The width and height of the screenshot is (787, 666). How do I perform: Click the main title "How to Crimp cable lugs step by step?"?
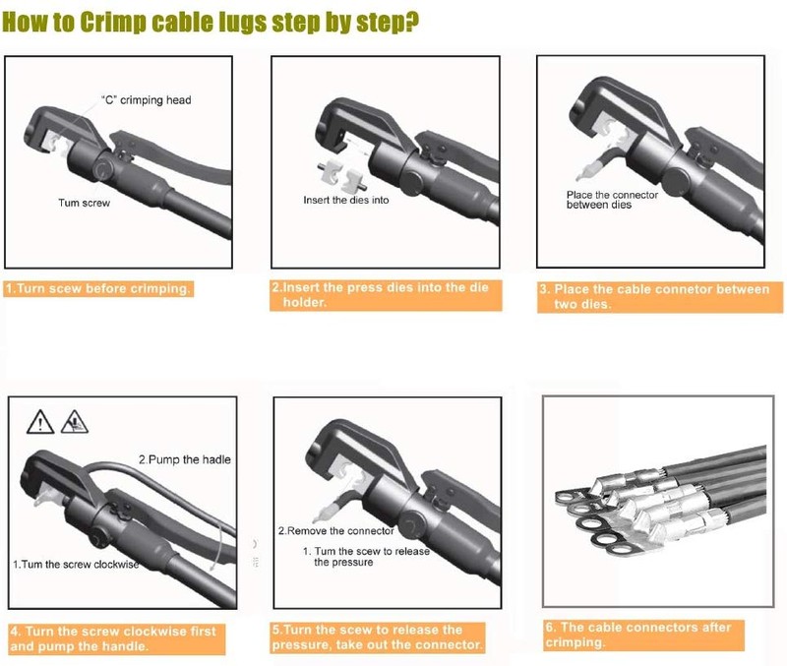pos(211,23)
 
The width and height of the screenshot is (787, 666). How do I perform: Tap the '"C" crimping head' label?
pos(146,100)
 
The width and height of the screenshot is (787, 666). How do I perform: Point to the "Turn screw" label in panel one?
pos(84,203)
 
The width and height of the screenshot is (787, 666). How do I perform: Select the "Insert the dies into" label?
pos(346,200)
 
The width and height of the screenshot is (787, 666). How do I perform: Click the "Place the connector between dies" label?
pos(612,200)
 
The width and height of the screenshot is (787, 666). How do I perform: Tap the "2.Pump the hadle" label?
pos(185,459)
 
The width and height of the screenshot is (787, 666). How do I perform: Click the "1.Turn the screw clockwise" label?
pos(76,564)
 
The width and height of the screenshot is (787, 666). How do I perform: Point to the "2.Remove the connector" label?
pos(336,530)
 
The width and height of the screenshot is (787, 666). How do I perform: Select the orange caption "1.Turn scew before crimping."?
pos(98,288)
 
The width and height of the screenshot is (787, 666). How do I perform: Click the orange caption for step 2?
pos(386,294)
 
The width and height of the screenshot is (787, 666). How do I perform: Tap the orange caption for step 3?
pos(660,297)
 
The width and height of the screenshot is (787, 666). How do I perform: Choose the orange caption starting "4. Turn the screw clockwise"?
pos(117,638)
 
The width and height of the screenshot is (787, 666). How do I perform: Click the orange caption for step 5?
pos(379,637)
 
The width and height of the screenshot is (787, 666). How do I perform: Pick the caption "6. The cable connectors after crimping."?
pos(643,635)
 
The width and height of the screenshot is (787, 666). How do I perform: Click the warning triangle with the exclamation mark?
pos(40,422)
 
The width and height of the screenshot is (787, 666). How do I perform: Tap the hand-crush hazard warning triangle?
pos(75,422)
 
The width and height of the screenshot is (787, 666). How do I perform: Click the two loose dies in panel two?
pos(339,179)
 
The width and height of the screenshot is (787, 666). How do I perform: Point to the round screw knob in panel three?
pos(676,179)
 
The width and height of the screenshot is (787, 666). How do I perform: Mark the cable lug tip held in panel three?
pos(582,175)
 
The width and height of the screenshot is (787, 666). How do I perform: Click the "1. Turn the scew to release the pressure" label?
pos(366,557)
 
